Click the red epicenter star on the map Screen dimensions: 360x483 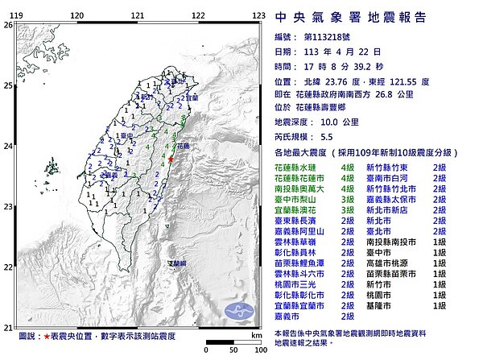pos(170,162)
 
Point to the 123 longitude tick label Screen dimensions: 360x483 pos(259,15)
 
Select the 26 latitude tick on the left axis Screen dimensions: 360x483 pos(8,25)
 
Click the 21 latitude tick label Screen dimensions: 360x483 pos(8,327)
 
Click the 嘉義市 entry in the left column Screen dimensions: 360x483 pos(287,317)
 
